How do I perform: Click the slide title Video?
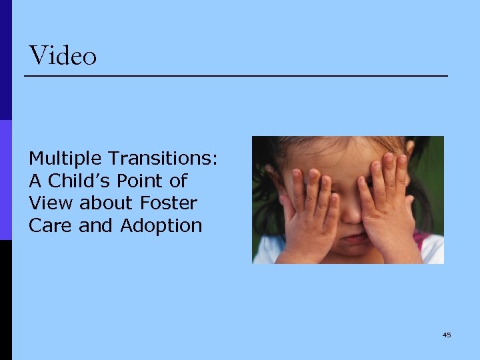[63, 56]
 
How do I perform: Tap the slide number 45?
[446, 335]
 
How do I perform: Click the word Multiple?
[65, 159]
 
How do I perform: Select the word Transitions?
[163, 159]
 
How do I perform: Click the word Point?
[145, 181]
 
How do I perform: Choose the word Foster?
[169, 203]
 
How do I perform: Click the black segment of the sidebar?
[5, 300]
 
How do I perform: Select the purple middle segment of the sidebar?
[5, 180]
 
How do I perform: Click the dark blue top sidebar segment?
[5, 60]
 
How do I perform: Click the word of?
[178, 181]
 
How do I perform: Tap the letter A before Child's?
[35, 181]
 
